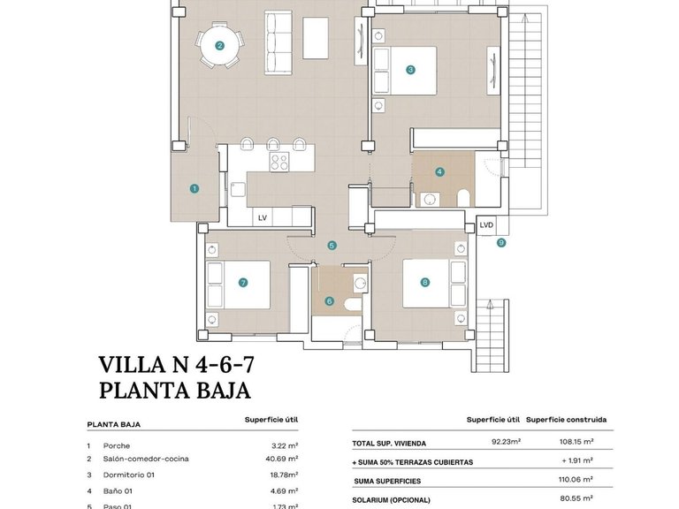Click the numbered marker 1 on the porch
pos(194,187)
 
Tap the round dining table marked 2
pos(219,45)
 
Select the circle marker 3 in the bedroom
pos(410,70)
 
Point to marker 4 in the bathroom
pos(439,172)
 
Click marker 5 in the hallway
pos(332,246)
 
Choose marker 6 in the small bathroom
pos(330,301)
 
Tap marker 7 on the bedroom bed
pos(242,283)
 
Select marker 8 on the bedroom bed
pos(425,283)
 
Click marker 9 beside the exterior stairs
pos(501,243)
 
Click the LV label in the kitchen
pos(262,217)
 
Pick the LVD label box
pos(486,225)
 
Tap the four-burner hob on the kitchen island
pos(279,162)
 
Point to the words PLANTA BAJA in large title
pos(175,390)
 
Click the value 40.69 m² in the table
pos(280,459)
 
